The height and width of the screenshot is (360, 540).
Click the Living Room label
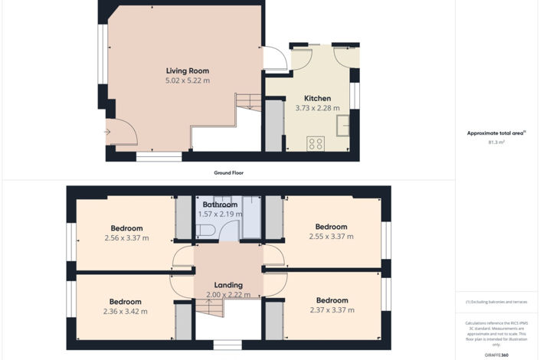[x=188, y=71]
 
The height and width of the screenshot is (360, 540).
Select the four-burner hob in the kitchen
[x=315, y=142]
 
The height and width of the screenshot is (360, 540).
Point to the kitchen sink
[x=343, y=125]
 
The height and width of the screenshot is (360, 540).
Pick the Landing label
[x=228, y=285]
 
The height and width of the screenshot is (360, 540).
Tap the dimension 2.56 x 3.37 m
[x=126, y=238]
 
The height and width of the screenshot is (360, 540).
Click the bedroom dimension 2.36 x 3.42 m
[x=126, y=311]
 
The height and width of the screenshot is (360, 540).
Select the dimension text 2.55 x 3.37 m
[x=331, y=237]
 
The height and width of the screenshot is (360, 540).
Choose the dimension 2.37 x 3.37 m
[x=331, y=309]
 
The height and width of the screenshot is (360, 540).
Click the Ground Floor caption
[x=228, y=173]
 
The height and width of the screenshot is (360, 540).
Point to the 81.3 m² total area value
[x=496, y=142]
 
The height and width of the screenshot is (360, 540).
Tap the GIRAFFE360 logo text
[x=496, y=355]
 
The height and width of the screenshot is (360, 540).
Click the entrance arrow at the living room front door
[x=107, y=132]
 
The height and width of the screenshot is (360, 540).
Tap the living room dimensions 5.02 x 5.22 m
[x=188, y=80]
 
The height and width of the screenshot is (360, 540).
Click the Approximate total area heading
[x=496, y=133]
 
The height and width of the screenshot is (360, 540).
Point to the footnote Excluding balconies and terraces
[x=496, y=302]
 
